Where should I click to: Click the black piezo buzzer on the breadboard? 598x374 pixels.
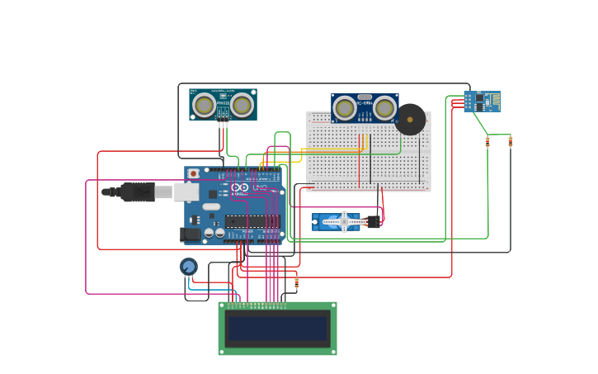point(410,120)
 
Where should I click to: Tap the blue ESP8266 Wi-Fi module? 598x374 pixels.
point(482,102)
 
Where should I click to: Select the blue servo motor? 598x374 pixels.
point(337,221)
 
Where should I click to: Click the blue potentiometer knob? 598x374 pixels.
point(189,266)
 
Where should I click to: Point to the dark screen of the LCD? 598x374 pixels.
point(277,329)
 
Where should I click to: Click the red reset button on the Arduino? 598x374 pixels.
point(194,174)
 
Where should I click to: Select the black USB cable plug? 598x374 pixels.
point(137,192)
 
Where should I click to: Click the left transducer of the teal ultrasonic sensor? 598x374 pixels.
point(205,105)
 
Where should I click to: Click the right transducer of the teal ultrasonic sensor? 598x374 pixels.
point(242,105)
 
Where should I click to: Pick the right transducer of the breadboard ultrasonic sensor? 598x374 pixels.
point(384,107)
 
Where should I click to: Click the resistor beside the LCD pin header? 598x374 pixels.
point(296,284)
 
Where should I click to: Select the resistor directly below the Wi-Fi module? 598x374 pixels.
point(487,142)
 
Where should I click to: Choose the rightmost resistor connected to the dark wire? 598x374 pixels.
point(510,142)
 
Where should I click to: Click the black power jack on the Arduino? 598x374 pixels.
point(191,234)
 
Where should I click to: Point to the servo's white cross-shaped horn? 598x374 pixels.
point(343,221)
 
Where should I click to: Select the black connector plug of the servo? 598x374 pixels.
point(374,221)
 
